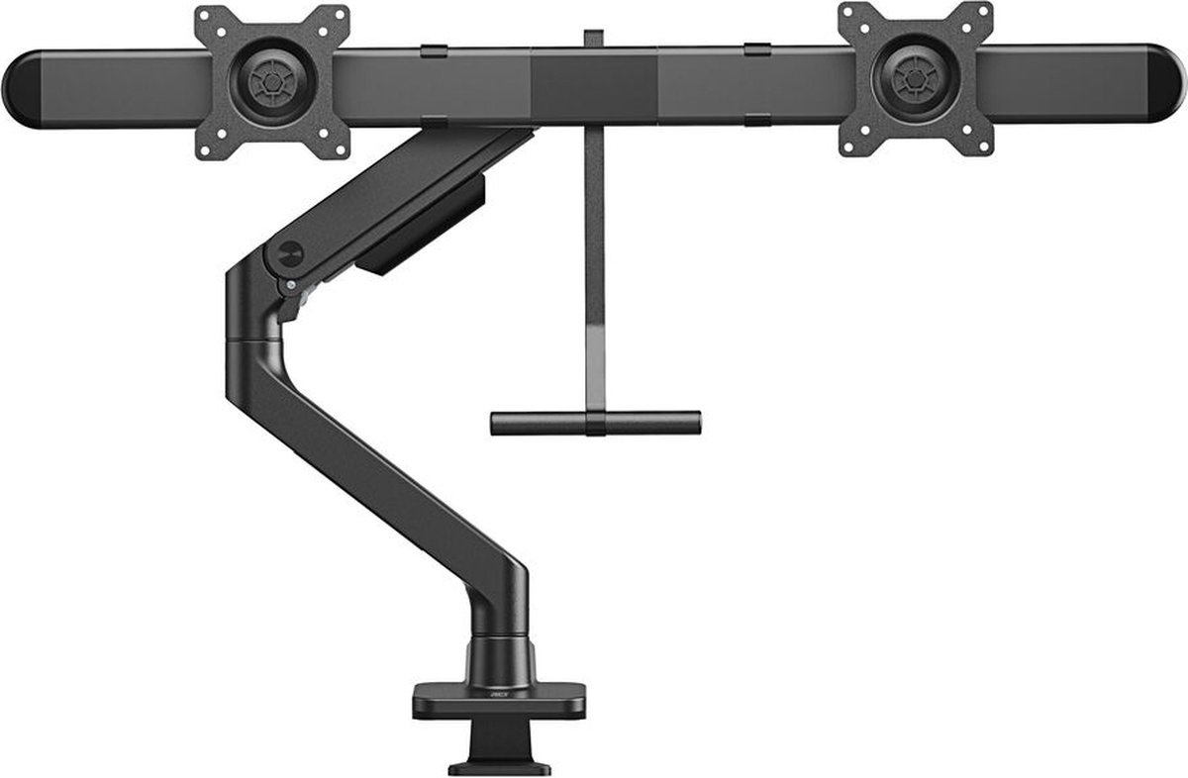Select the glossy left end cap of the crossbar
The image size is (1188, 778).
tap(22, 89)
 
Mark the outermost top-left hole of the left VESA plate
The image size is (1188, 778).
tap(206, 17)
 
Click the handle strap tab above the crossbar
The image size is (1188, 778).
tap(593, 39)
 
